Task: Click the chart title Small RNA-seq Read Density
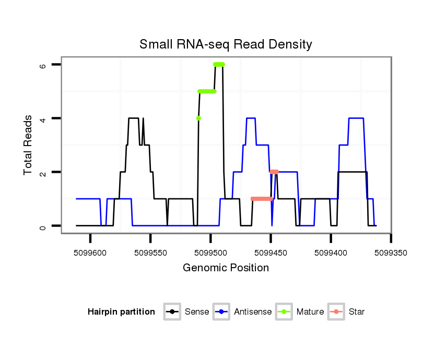pos(226,44)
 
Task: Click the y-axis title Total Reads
pos(29,145)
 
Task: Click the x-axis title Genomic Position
pos(226,268)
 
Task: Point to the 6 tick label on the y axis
pos(43,65)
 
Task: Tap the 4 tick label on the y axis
pos(43,118)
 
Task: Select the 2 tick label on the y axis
pos(43,172)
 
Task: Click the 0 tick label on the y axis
pos(43,226)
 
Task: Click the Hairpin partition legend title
pos(122,312)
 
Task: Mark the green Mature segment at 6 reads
pos(219,64)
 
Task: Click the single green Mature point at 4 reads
pos(198,118)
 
